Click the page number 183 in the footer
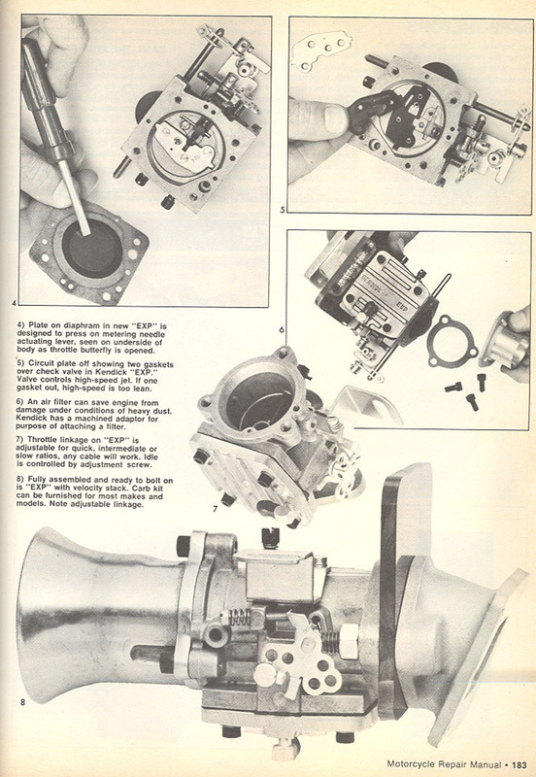(519, 764)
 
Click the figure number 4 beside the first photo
(15, 302)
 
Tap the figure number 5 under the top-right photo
(283, 210)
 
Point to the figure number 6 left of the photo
(282, 329)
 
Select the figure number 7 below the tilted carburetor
(215, 508)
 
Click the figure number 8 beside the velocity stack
(22, 701)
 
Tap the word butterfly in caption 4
(97, 350)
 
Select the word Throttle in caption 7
(43, 440)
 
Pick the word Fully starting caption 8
(38, 480)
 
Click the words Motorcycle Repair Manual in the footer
(444, 764)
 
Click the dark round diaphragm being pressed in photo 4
(91, 248)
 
